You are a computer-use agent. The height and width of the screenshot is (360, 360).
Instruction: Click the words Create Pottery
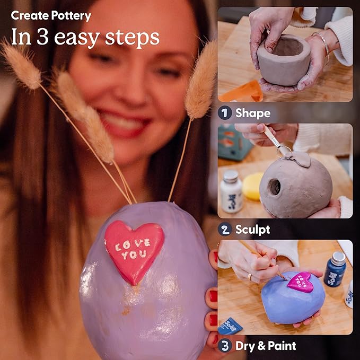point(51,16)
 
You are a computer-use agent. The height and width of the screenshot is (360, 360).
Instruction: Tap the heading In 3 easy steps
point(85,37)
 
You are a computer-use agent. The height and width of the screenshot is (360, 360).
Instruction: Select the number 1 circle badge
point(225,113)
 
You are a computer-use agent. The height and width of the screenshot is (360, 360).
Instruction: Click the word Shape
point(252,113)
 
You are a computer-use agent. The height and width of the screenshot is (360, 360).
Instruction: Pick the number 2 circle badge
point(225,230)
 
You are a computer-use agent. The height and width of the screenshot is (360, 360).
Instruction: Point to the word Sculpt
point(252,230)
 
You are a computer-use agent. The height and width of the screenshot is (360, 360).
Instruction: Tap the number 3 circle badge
point(225,346)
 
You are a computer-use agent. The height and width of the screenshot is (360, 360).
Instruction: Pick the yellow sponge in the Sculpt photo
point(252,186)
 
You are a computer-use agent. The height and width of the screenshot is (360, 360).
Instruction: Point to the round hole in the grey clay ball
point(274,187)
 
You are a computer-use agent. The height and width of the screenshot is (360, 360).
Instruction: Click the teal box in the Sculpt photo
point(232,142)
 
